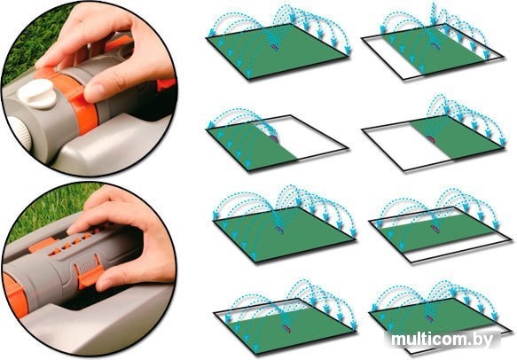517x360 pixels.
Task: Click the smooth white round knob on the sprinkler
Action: [37, 93]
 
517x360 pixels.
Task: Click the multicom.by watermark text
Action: [443, 339]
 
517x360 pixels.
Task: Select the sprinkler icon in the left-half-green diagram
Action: [274, 137]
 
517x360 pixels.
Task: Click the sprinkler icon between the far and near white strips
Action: [435, 228]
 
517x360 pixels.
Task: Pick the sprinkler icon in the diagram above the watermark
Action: [429, 318]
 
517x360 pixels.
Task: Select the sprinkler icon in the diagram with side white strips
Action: [436, 46]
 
